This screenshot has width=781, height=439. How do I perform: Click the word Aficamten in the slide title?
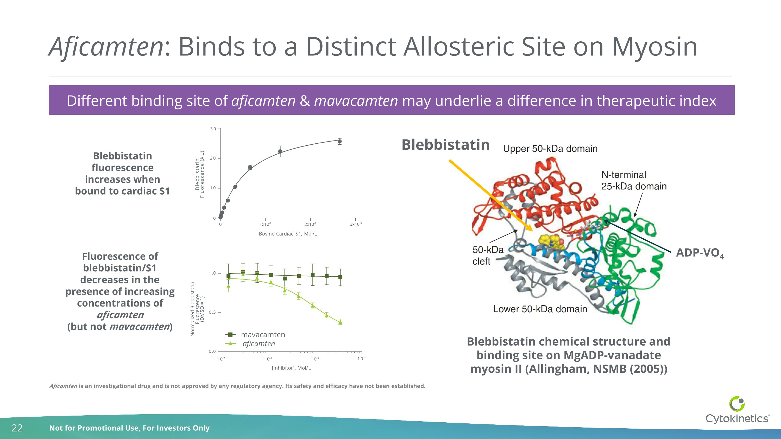(x=106, y=47)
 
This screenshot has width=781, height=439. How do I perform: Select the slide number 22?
(x=17, y=428)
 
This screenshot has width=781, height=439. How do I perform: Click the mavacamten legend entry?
(x=263, y=335)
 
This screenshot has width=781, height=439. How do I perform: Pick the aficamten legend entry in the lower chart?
(x=258, y=344)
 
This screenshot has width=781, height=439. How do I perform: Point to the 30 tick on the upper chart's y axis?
(x=213, y=129)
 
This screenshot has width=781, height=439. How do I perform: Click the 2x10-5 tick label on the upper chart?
(x=310, y=225)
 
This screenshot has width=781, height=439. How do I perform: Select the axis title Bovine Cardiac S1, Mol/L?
(x=288, y=234)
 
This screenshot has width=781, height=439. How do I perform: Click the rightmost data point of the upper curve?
(x=339, y=141)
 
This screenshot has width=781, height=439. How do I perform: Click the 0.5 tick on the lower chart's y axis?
(x=212, y=312)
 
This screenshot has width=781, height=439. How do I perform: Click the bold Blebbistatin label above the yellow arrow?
(x=445, y=145)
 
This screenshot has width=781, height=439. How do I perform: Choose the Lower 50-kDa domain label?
(x=540, y=309)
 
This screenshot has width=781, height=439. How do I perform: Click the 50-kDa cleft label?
(x=488, y=255)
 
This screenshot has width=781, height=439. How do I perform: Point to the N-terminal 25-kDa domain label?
(x=634, y=181)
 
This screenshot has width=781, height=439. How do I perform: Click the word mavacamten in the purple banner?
(x=356, y=101)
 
